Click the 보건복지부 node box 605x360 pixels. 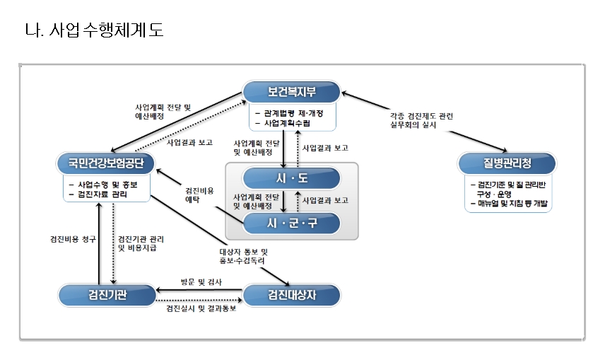pyautogui.click(x=291, y=91)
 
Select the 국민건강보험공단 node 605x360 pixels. pyautogui.click(x=106, y=164)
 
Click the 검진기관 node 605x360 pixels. pyautogui.click(x=106, y=294)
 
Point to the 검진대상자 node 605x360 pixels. pyautogui.click(x=291, y=294)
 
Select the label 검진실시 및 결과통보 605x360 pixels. pyautogui.click(x=201, y=309)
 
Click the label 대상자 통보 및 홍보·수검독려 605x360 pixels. pyautogui.click(x=243, y=256)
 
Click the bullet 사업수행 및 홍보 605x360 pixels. pyautogui.click(x=106, y=183)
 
